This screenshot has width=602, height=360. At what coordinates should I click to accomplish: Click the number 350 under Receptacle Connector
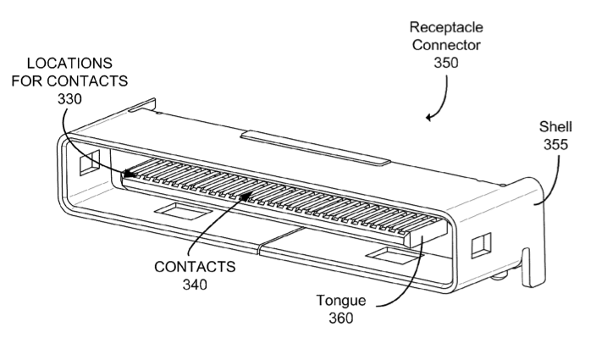(445, 62)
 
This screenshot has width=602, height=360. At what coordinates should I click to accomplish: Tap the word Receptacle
(446, 28)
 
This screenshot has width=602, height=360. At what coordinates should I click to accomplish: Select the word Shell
(555, 127)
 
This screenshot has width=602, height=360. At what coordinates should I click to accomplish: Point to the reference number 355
(555, 145)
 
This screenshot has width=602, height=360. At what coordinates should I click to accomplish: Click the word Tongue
(341, 301)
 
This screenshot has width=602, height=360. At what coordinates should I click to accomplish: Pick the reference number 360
(341, 318)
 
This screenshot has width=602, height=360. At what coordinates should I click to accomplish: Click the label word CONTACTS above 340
(195, 267)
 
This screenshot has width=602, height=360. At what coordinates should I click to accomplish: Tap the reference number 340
(195, 285)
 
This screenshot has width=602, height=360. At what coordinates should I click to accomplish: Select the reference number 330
(69, 99)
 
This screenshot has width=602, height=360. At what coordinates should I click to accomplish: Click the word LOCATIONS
(69, 63)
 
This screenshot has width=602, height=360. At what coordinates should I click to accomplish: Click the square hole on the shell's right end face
(481, 245)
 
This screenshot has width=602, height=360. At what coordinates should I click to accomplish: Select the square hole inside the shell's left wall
(90, 163)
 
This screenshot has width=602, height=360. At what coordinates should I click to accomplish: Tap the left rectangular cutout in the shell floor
(183, 211)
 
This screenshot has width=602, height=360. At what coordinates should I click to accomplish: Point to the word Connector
(446, 45)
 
